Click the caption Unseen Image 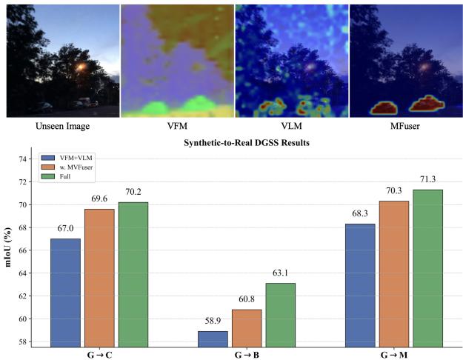63,126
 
